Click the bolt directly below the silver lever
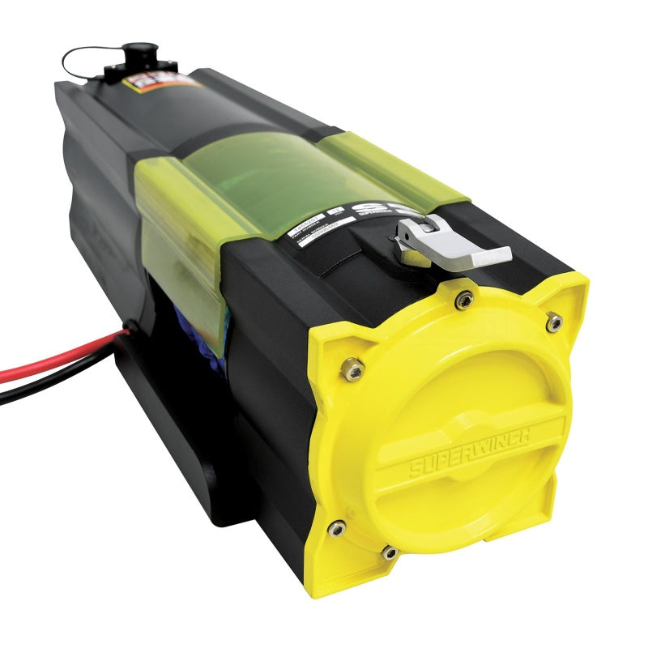point(463,301)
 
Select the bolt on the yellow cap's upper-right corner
point(553,322)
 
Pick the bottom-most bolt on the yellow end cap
point(390,552)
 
